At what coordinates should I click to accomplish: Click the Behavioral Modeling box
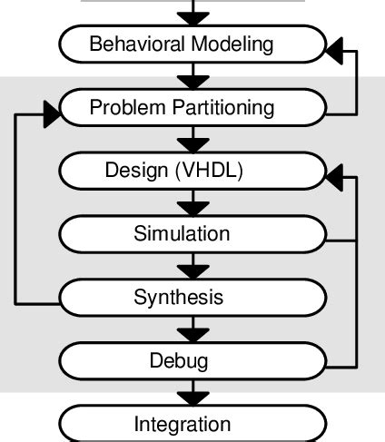192,44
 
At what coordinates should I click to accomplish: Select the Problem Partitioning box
192,108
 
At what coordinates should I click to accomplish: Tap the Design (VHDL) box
192,171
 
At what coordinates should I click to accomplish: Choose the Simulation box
192,233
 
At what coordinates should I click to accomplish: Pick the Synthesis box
192,297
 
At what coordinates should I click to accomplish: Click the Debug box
192,360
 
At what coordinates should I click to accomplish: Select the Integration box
192,423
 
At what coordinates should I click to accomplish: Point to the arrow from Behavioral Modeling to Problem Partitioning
192,76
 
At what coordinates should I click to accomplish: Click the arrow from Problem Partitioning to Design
192,140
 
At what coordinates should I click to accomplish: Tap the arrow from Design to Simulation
192,202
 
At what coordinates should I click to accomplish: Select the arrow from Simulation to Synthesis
192,266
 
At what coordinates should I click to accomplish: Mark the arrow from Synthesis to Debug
192,329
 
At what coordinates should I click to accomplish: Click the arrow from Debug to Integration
192,392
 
